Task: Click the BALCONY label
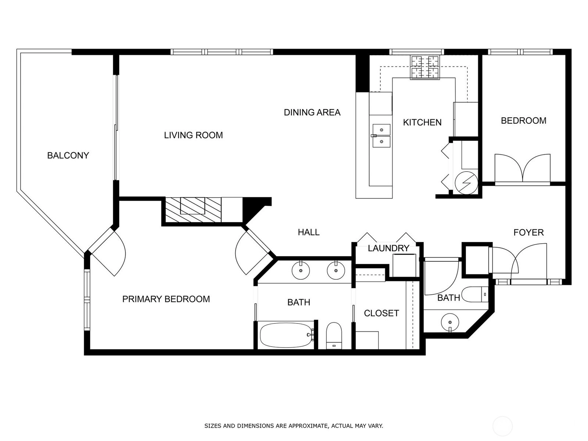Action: coord(68,155)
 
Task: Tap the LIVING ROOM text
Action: coord(193,135)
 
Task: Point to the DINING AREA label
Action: coord(312,112)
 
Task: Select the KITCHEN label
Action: coord(422,122)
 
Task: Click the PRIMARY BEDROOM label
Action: coord(166,299)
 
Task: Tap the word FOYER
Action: coord(528,232)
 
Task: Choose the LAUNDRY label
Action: coord(388,248)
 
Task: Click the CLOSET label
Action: coord(381,313)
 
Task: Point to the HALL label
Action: coord(309,232)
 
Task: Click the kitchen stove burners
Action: coord(425,68)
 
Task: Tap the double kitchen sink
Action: coord(381,136)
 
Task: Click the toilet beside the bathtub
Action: coord(334,336)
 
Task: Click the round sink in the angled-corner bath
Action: coord(450,322)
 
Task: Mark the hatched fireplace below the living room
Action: coord(193,209)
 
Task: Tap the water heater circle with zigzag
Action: coord(466,183)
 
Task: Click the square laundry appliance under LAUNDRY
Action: coord(404,265)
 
